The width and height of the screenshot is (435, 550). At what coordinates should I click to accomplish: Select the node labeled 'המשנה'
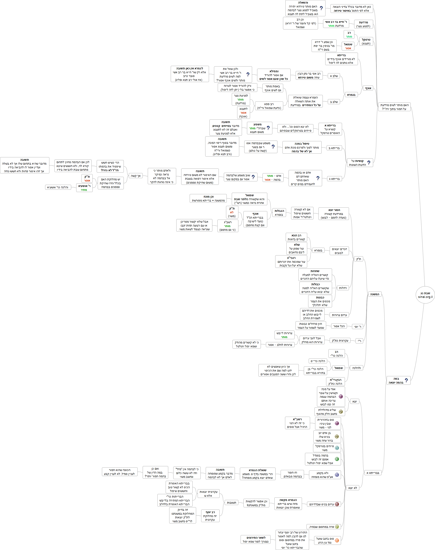coord(375,294)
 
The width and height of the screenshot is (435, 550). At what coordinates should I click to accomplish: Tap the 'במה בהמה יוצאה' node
coord(398,380)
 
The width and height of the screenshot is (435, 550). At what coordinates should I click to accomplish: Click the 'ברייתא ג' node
coord(334,179)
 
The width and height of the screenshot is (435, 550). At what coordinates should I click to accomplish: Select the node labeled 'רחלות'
coord(343,288)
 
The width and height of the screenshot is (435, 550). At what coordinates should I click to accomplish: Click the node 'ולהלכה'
coord(356,368)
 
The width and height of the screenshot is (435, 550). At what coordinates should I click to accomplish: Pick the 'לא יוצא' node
coord(353,488)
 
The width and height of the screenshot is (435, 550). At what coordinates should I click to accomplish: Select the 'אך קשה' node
coord(135,176)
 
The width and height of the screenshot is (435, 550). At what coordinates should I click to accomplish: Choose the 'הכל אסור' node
coord(339,326)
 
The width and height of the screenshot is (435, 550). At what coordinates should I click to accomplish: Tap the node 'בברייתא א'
coord(373,473)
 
